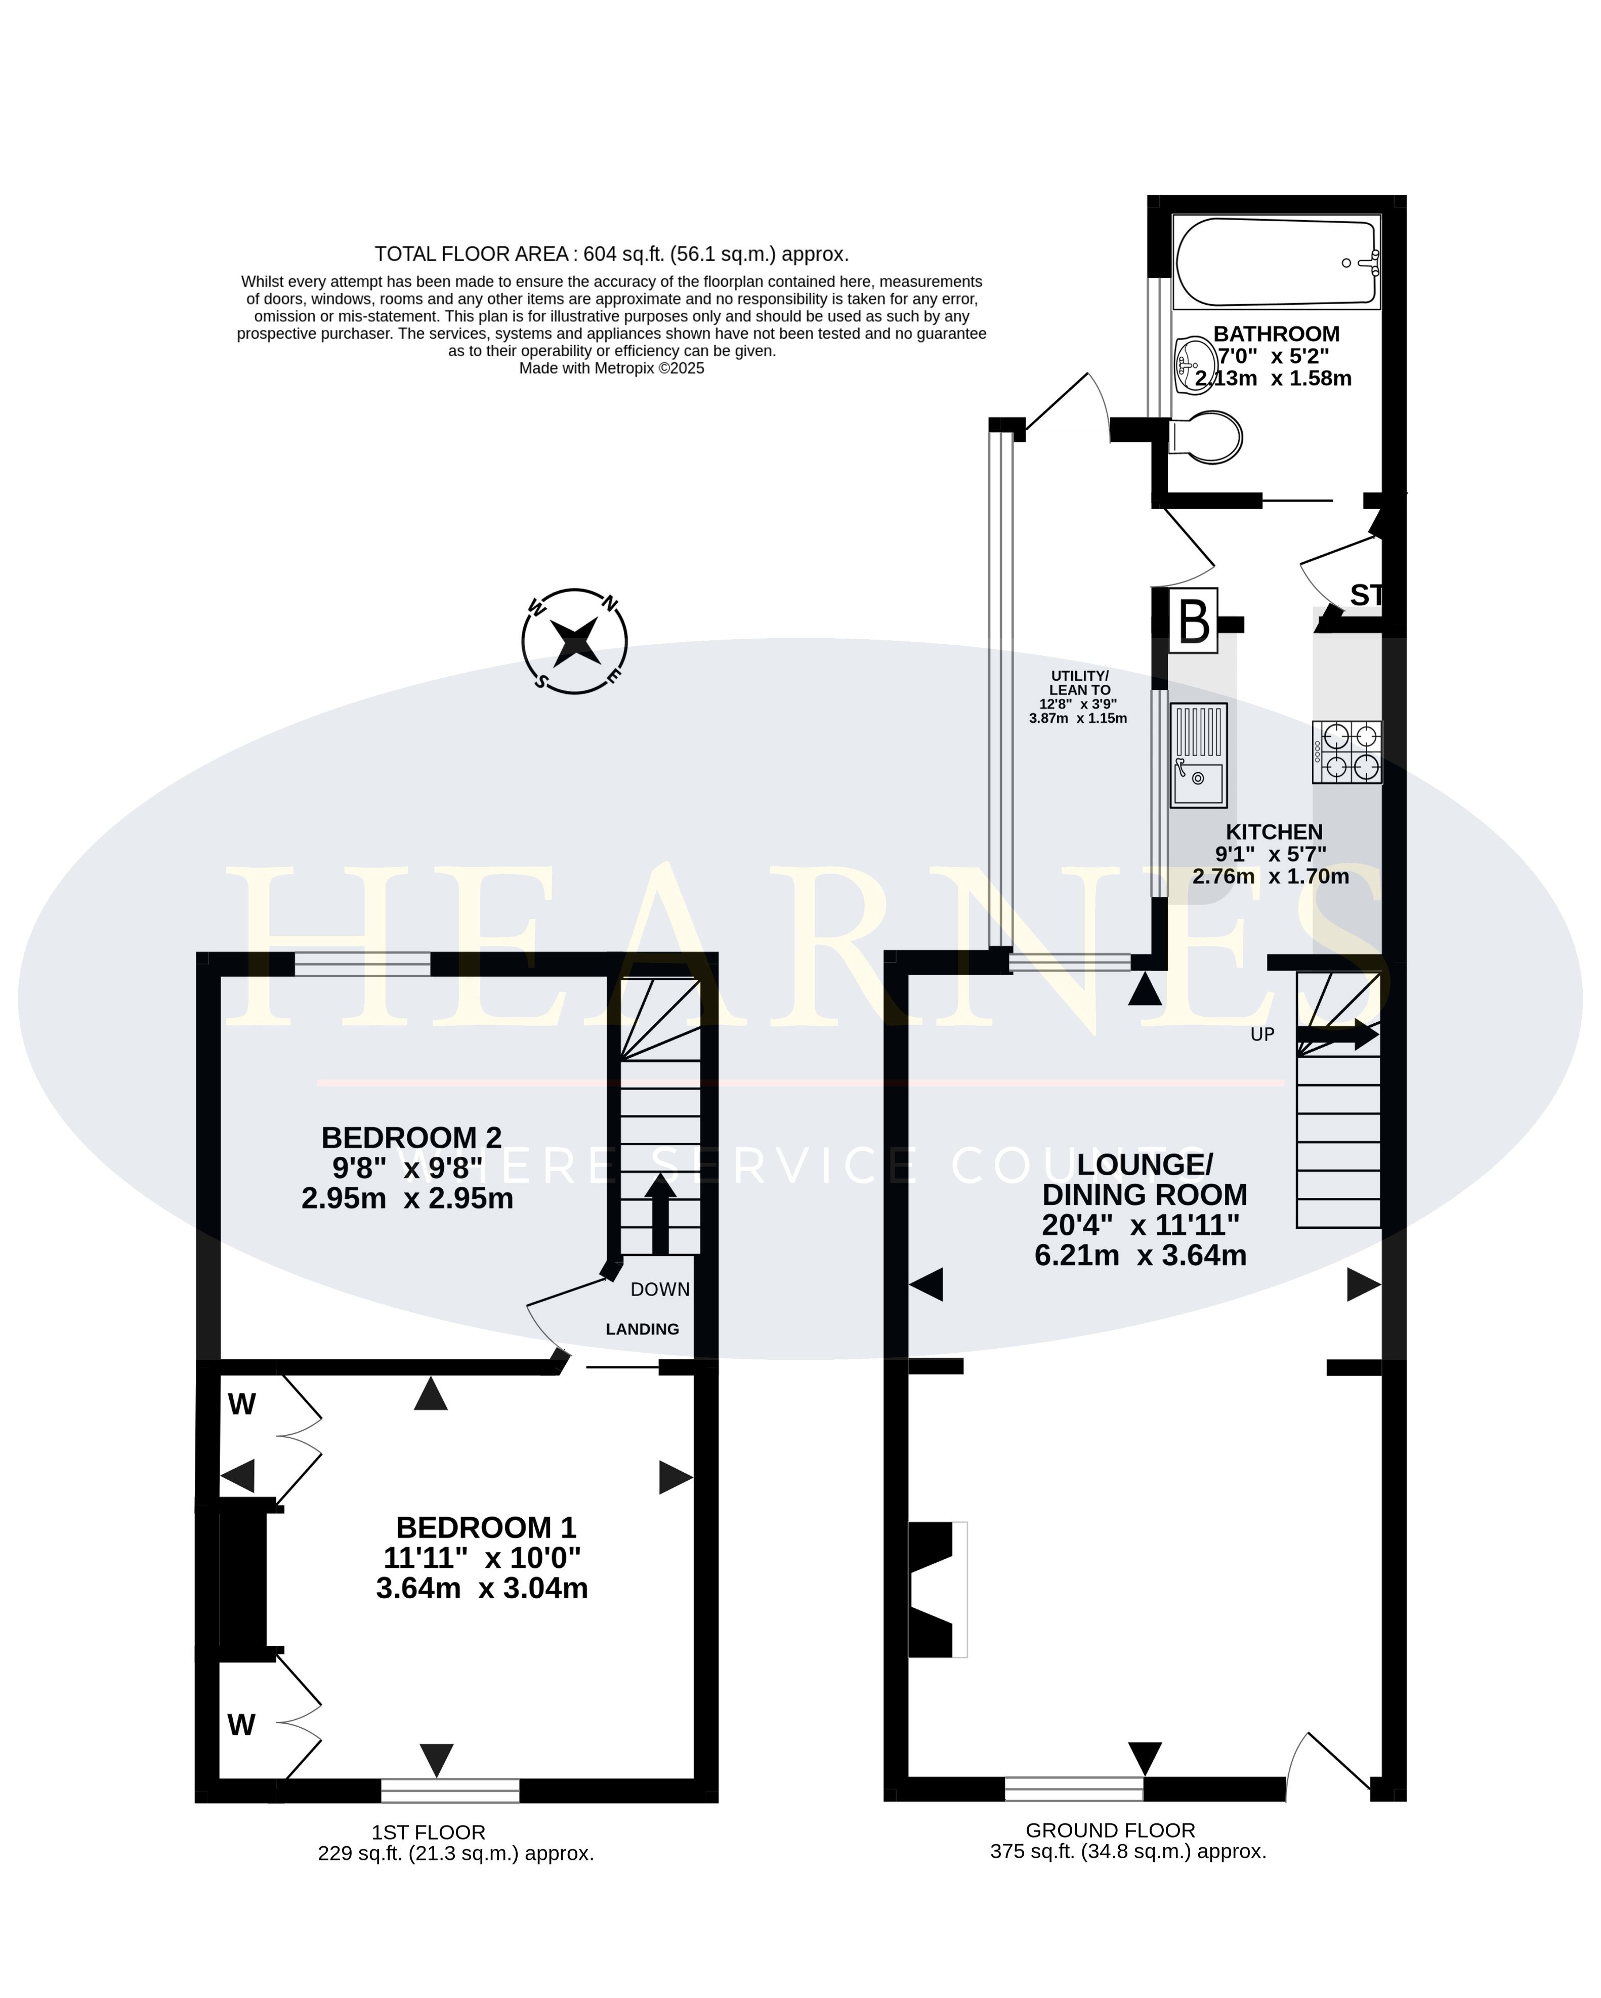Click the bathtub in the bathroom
[1277, 262]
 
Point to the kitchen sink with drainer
[1199, 755]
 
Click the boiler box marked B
[1193, 621]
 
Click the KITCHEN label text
[1274, 832]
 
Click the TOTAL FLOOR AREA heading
[611, 254]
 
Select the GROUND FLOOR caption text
[1110, 1830]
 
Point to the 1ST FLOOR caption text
[428, 1832]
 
